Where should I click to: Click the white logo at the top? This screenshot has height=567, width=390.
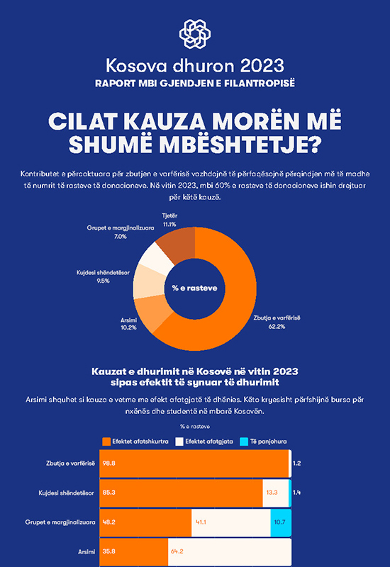(195, 34)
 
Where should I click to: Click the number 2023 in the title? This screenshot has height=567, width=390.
(262, 66)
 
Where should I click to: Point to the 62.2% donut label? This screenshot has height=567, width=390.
(277, 327)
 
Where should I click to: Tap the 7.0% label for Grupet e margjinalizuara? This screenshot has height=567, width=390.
(121, 237)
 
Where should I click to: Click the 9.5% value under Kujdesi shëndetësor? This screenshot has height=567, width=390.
(103, 281)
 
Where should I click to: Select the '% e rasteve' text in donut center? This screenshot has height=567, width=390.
(194, 288)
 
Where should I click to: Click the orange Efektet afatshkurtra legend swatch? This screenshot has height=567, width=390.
(106, 442)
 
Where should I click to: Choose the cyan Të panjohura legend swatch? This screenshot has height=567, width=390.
(244, 442)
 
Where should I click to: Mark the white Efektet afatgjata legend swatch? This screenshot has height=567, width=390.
(179, 442)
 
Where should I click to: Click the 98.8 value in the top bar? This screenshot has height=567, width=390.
(108, 464)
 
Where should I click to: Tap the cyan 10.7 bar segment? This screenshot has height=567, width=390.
(281, 522)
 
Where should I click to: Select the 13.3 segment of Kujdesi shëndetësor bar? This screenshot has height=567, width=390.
(276, 493)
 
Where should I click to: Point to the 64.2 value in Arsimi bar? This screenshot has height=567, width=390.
(177, 551)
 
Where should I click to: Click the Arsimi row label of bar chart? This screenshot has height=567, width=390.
(87, 552)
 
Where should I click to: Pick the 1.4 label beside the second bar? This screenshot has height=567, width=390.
(296, 493)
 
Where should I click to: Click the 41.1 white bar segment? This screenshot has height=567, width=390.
(231, 522)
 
